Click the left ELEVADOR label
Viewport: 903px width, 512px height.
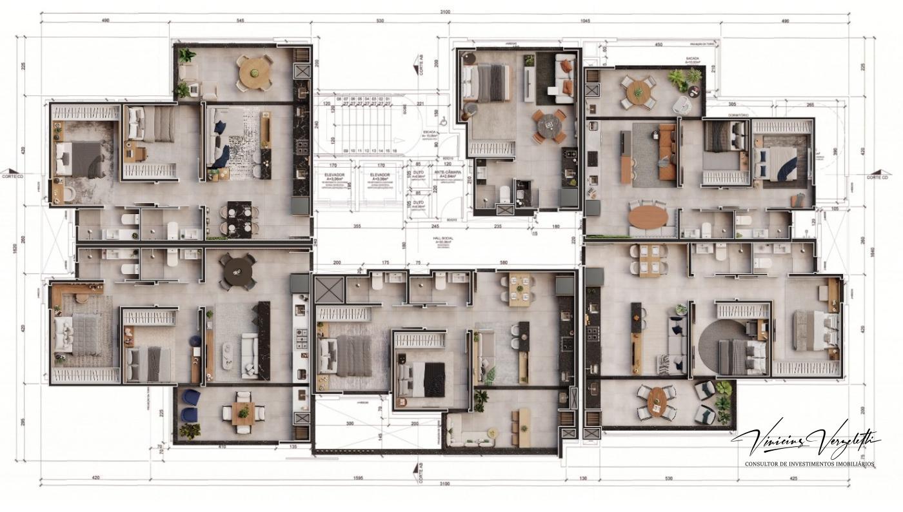[335, 175]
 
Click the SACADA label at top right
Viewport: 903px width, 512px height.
[693, 57]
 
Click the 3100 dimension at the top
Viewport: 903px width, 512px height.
[445, 12]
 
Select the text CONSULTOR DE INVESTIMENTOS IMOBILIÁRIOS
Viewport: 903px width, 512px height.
[809, 464]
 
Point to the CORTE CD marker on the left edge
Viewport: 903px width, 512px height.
[12, 176]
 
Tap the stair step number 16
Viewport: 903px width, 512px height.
[394, 150]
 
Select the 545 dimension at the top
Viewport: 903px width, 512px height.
[240, 21]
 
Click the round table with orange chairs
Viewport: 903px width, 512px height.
[547, 123]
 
